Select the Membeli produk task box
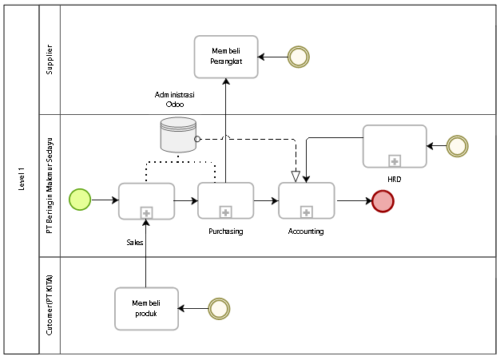click(146, 308)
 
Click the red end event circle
click(383, 200)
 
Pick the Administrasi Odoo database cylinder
click(178, 135)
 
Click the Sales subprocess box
click(146, 200)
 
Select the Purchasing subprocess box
click(225, 200)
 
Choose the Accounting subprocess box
click(307, 200)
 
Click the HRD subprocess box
click(394, 146)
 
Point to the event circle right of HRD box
click(457, 146)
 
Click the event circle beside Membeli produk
click(218, 308)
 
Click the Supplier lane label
click(50, 60)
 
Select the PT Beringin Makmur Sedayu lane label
click(50, 185)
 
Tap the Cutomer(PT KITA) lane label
click(50, 305)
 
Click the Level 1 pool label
click(21, 180)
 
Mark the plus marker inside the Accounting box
click(307, 212)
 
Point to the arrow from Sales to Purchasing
click(185, 200)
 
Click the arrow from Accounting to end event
click(353, 200)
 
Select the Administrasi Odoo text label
click(175, 98)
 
